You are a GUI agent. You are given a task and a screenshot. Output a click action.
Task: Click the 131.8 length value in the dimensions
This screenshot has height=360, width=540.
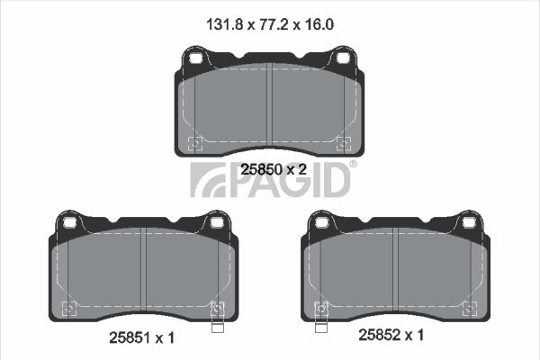(225, 25)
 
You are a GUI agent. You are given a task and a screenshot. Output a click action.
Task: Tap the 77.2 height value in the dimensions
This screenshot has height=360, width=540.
(273, 25)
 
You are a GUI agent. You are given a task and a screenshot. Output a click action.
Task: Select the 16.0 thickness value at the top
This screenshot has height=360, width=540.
(319, 25)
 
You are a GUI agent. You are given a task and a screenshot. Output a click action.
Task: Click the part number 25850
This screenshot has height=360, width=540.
(261, 169)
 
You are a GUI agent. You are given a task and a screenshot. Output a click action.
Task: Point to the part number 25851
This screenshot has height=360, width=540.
(130, 338)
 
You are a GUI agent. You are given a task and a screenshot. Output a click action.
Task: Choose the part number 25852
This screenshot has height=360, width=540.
(380, 335)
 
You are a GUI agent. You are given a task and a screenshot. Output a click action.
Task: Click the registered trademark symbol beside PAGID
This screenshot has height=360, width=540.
(354, 164)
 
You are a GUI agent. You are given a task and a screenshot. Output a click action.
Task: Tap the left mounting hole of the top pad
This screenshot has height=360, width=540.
(195, 58)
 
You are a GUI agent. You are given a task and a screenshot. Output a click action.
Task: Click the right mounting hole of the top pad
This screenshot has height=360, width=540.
(344, 58)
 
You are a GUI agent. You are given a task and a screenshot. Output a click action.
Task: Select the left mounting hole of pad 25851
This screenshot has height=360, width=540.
(70, 222)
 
